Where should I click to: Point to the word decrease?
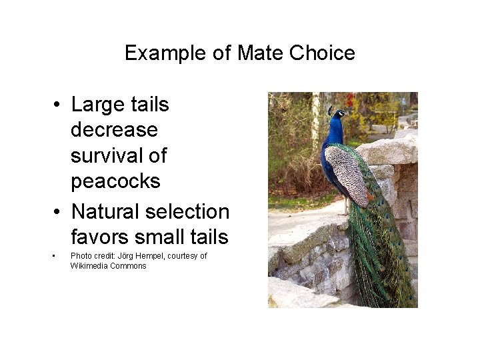tap(114, 130)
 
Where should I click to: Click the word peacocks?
tap(115, 181)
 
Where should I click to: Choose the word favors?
tap(100, 237)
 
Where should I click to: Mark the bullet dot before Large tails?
tap(59, 105)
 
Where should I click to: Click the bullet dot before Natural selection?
tap(59, 212)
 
